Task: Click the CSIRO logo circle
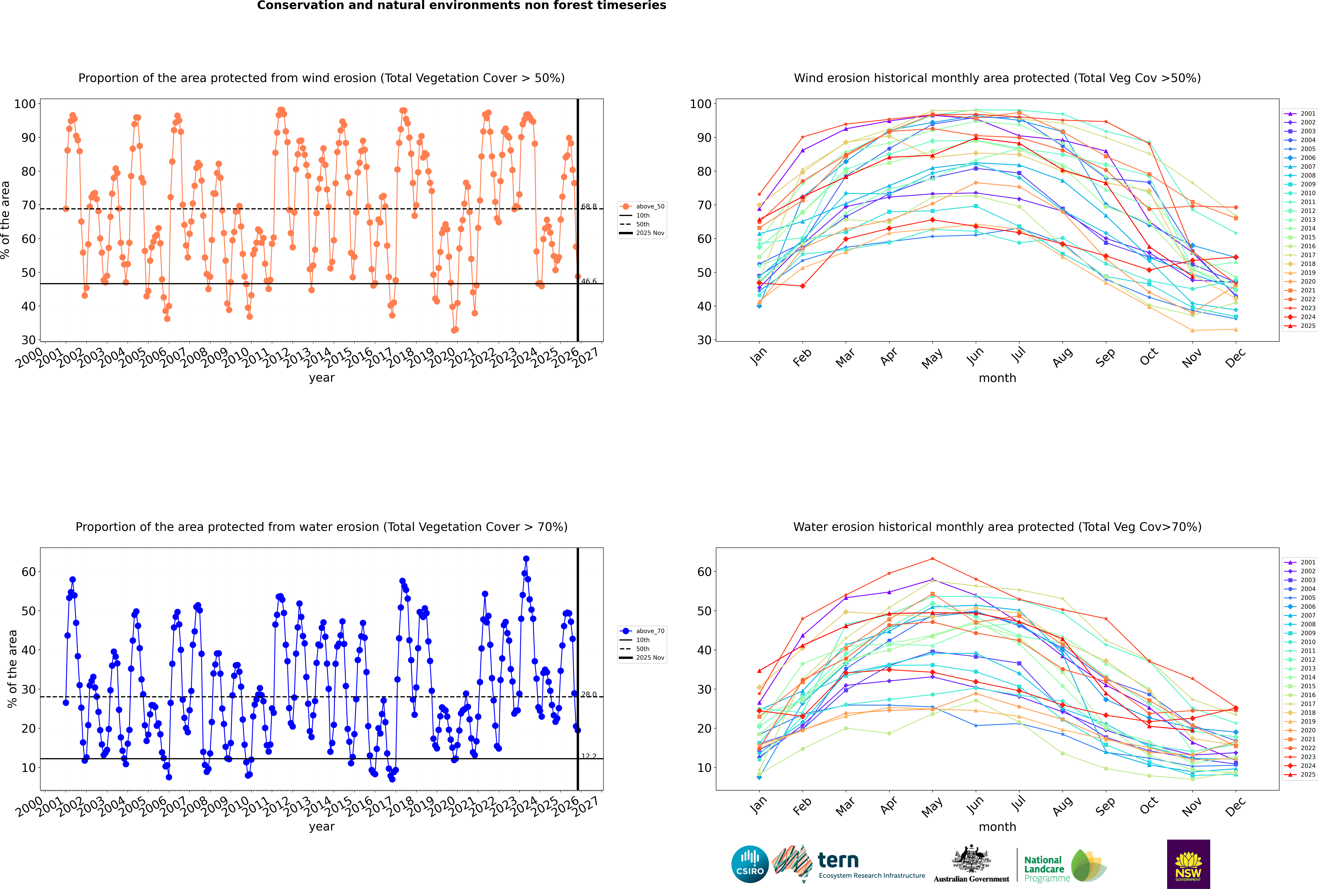coord(750,864)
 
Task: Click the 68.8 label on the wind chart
coord(589,206)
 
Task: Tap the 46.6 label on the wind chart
coord(589,281)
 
